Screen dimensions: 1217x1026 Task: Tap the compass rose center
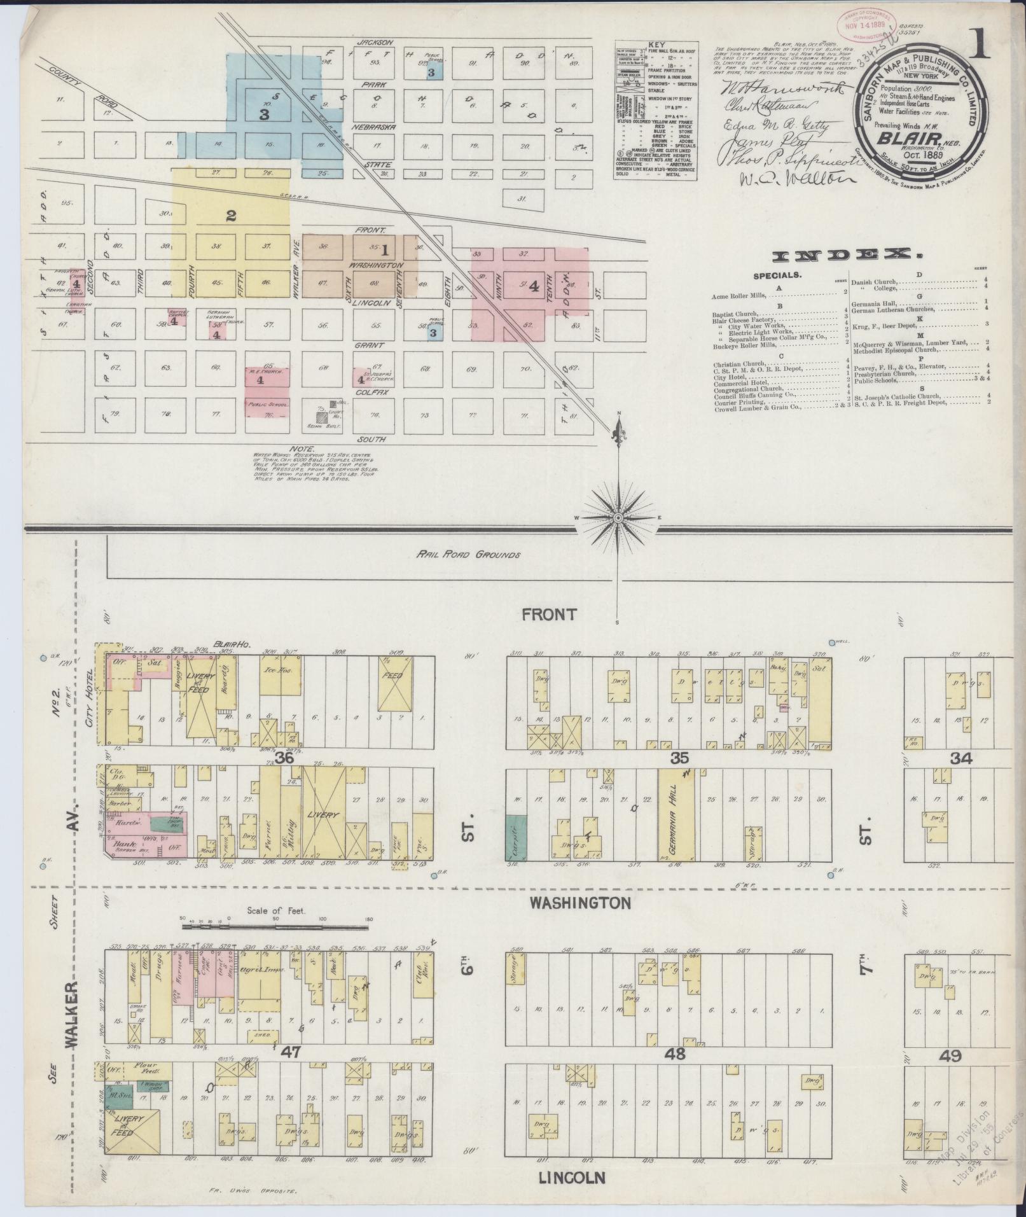pos(618,518)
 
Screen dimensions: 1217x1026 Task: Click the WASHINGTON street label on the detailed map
pos(580,902)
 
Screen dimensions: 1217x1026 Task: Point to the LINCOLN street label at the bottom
pos(572,1178)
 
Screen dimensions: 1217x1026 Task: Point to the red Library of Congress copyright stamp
pos(866,26)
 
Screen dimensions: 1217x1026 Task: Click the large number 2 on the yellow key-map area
pos(231,216)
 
